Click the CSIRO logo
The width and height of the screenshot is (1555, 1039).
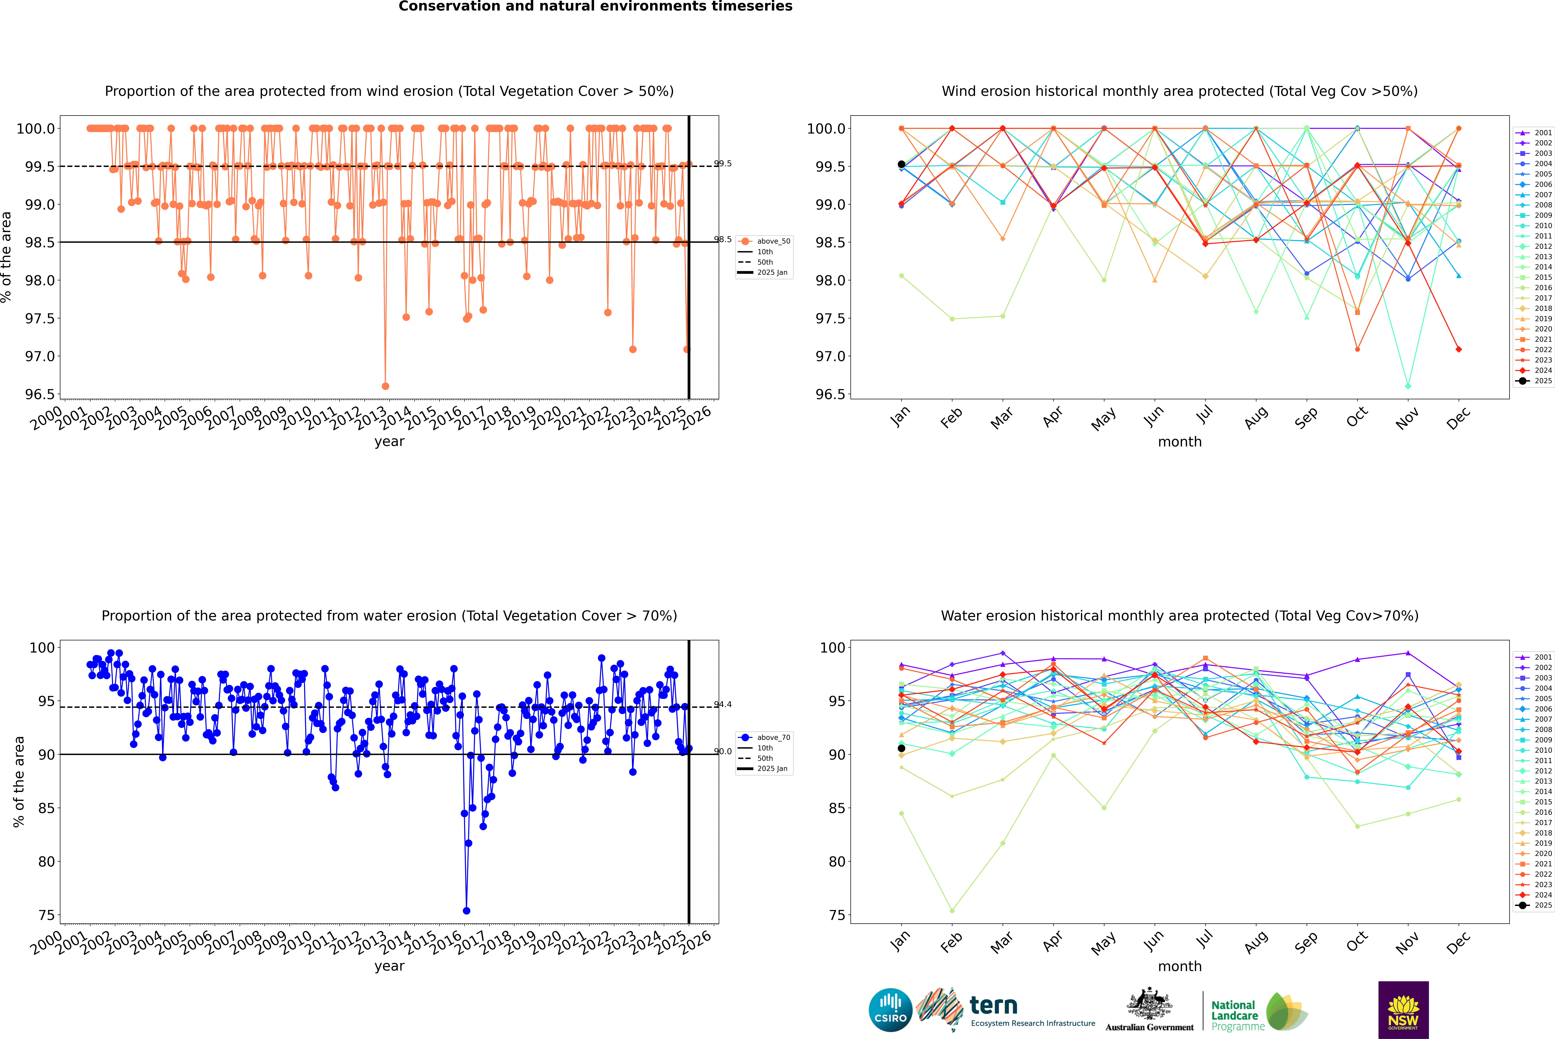tap(890, 1010)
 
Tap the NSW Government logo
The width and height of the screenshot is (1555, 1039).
tap(1403, 1010)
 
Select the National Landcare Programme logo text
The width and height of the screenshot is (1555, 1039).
tap(1234, 1015)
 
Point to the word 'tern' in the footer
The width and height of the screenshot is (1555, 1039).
tap(993, 1005)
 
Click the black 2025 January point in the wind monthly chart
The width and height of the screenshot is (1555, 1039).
tap(901, 164)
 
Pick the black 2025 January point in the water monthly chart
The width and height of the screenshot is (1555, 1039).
tap(901, 748)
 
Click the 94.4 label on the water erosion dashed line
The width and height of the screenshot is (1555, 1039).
tap(722, 704)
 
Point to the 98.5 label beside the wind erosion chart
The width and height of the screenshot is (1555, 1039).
tap(722, 239)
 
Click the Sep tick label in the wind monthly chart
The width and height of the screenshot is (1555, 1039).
tap(1306, 417)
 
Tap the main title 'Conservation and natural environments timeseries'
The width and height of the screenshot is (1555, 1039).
tap(595, 7)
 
